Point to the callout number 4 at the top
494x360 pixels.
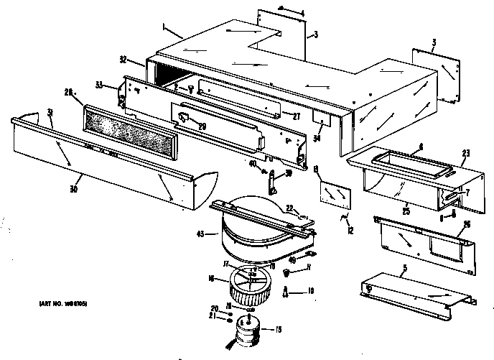click(302, 14)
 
